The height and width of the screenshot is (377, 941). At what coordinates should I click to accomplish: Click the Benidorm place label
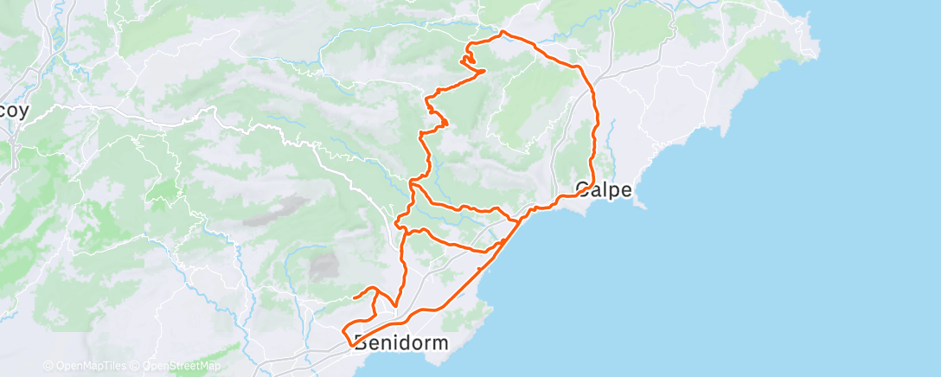401,343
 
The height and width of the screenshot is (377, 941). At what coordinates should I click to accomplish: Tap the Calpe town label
603,189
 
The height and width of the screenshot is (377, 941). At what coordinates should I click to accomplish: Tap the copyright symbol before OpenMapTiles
48,366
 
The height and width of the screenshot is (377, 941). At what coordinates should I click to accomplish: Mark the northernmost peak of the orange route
503,32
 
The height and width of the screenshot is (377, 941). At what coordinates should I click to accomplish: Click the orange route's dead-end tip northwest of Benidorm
355,297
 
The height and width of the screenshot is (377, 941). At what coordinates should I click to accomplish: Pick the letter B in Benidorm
361,343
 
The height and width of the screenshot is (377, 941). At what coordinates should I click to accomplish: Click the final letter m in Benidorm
441,343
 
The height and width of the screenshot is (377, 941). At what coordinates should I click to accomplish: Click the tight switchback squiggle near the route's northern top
469,61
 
